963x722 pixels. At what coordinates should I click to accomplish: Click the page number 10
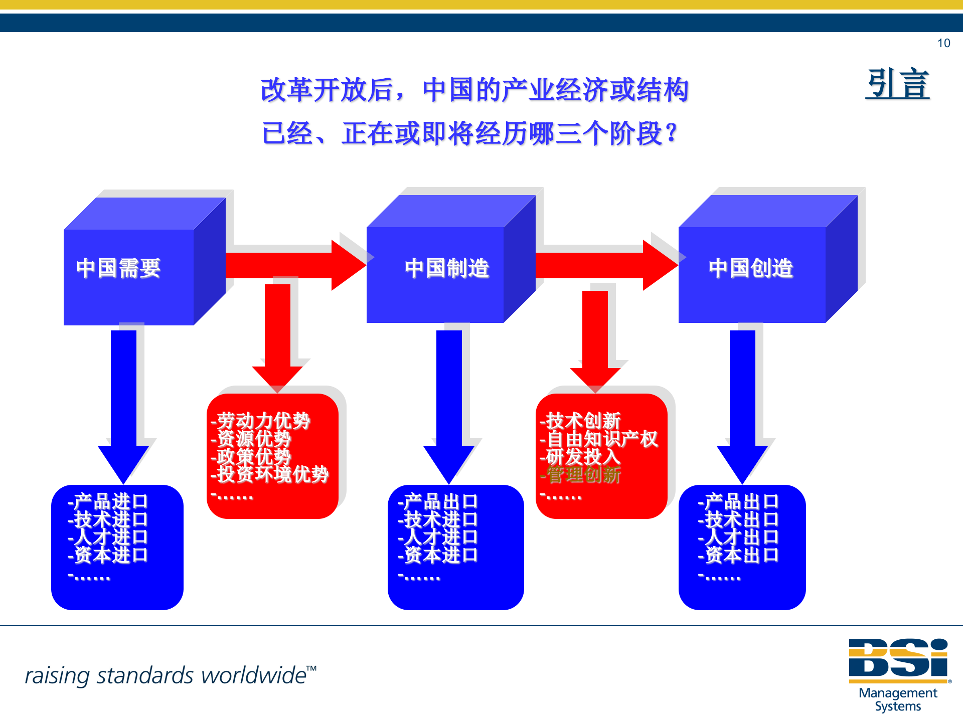point(943,43)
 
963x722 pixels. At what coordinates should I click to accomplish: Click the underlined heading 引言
point(898,84)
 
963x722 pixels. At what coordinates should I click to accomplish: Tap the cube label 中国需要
point(118,268)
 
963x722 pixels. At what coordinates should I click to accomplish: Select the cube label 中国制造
point(447,268)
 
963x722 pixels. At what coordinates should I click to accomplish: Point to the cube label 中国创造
point(751,268)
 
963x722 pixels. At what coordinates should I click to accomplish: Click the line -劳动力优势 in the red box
point(261,420)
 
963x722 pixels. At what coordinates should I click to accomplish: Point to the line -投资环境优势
point(270,474)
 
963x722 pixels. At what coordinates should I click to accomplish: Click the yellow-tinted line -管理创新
point(580,474)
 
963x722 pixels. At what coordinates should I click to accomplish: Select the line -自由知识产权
point(599,439)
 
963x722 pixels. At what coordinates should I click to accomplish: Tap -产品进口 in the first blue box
point(108,501)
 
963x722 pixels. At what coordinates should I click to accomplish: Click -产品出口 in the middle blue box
point(438,501)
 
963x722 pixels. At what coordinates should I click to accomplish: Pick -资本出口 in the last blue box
point(738,555)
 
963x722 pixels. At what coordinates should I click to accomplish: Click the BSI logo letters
point(898,658)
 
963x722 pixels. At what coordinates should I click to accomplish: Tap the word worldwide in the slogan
point(254,676)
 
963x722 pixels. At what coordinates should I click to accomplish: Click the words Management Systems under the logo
point(898,699)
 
